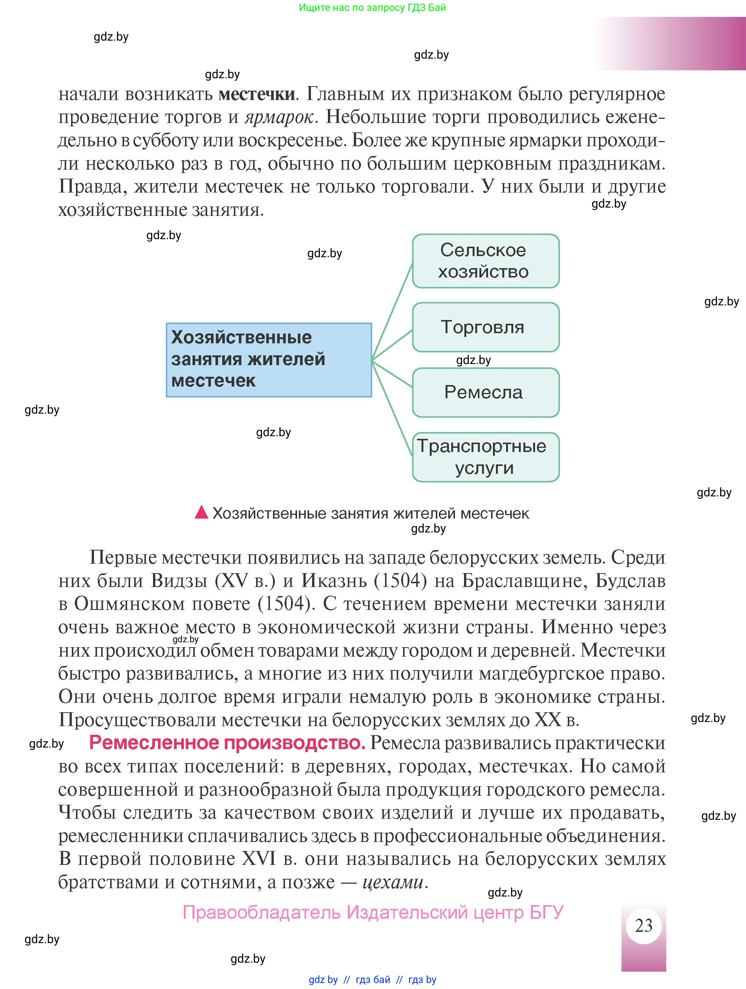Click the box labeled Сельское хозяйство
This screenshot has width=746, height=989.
click(485, 261)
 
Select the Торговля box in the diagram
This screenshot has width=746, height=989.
click(485, 327)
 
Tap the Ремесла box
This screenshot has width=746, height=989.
click(485, 393)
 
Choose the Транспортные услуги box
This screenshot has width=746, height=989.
click(485, 457)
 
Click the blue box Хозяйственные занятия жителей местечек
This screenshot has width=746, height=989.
click(268, 360)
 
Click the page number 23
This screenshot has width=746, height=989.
click(643, 925)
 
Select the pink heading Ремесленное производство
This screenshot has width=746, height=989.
click(227, 743)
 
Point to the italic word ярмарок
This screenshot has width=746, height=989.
click(279, 118)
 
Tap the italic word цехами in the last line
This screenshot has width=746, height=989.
click(393, 882)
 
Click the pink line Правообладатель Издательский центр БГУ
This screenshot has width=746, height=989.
click(373, 912)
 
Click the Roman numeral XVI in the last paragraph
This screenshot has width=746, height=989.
click(259, 859)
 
